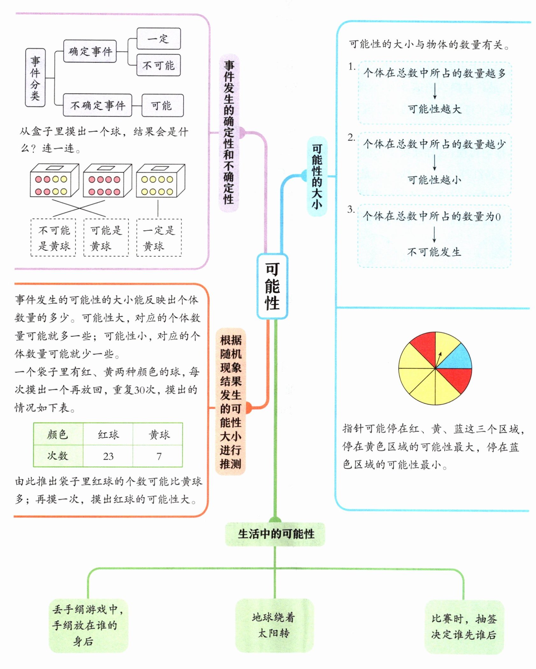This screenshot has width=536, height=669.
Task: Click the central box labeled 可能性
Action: (x=272, y=286)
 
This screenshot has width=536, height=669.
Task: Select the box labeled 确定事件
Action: (x=90, y=51)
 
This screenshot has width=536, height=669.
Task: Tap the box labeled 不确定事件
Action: (x=97, y=105)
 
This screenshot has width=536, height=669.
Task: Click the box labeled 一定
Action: (x=159, y=39)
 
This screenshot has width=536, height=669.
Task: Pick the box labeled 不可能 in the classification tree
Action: (x=159, y=66)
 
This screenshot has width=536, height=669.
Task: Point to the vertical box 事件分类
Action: (x=35, y=78)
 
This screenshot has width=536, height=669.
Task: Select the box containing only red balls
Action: (x=107, y=181)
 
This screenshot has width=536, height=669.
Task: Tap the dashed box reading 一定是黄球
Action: (x=159, y=238)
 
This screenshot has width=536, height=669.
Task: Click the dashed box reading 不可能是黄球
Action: (x=53, y=238)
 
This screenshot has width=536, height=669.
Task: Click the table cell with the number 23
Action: (x=108, y=456)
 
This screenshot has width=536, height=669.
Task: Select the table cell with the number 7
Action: (x=159, y=456)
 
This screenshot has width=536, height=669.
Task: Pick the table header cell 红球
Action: (x=108, y=434)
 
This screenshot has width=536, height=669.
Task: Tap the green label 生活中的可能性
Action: (x=276, y=534)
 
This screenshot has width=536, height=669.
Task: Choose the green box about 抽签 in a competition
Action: (x=464, y=627)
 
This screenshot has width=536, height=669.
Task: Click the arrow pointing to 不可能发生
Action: (x=434, y=236)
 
